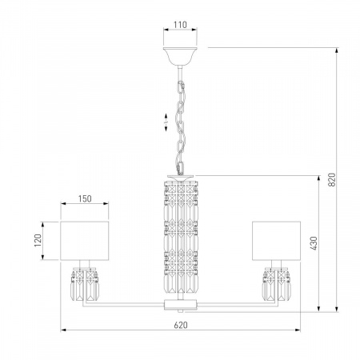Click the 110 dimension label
coord(180,25)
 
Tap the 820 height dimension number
coord(331,179)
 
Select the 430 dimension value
coord(314,243)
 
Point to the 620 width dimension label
coord(181,325)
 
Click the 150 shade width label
coord(85,198)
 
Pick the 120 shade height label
coord(38,241)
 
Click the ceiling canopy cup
coord(180,56)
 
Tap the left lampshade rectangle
coord(85,241)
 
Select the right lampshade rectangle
coord(276,241)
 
